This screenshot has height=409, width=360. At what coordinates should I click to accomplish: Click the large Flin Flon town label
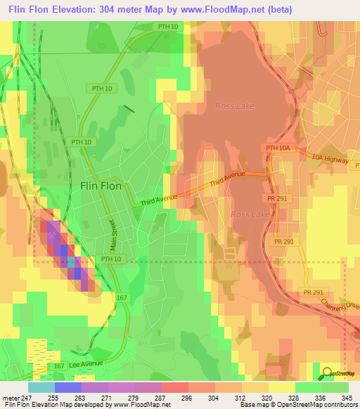click(x=101, y=186)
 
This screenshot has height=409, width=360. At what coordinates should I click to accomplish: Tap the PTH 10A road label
click(x=278, y=148)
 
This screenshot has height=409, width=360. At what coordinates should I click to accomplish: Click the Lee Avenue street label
click(x=86, y=364)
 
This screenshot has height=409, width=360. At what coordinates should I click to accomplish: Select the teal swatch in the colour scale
click(x=41, y=387)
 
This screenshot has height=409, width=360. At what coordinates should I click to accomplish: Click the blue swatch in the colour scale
click(x=68, y=387)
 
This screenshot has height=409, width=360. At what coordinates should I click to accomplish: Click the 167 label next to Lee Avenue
click(x=59, y=366)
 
